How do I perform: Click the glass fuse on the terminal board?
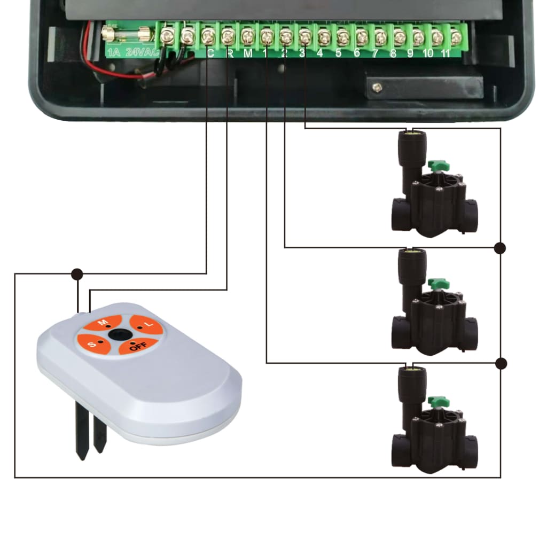pos(125,35)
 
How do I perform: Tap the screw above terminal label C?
pos(208,36)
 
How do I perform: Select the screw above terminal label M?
pos(247,37)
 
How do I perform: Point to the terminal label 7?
pos(376,53)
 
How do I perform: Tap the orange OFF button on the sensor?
pos(137,346)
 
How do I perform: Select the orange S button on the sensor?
pos(93,344)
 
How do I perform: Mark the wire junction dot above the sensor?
pos(77,274)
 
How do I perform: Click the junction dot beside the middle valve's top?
pos(500,248)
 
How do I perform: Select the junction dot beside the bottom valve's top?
pos(501,363)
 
